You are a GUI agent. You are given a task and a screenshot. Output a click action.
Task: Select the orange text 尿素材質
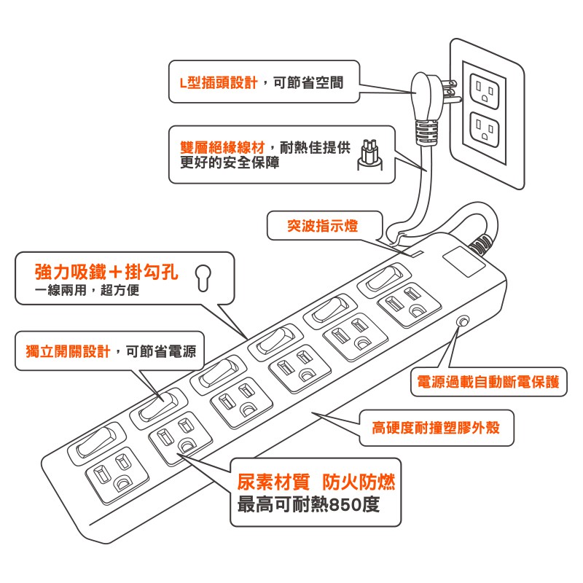[271, 482]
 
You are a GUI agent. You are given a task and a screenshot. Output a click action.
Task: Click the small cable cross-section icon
[370, 155]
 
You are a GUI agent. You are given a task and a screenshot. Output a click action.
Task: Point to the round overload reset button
[463, 321]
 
